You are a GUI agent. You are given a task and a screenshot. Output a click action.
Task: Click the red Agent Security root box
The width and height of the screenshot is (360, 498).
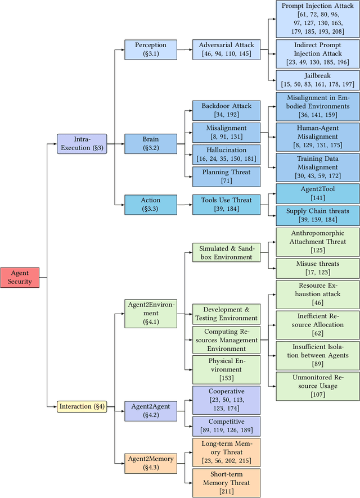pos(20,278)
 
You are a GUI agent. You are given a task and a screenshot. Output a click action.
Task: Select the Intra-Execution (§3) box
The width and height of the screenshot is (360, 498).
pos(82,143)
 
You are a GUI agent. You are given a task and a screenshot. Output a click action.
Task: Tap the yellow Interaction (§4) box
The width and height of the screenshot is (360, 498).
pos(82,406)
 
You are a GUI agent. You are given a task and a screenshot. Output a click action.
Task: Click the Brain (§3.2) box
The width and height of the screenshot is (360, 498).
pos(150,143)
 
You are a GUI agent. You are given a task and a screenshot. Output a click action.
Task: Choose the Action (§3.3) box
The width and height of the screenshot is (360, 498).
pos(150,205)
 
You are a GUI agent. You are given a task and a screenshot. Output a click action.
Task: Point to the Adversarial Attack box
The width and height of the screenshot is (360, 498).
pos(226,49)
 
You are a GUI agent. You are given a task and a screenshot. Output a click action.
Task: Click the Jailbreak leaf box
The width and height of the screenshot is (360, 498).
pos(318,80)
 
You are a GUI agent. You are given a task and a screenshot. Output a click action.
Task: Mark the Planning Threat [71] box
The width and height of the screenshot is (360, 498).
pos(226,176)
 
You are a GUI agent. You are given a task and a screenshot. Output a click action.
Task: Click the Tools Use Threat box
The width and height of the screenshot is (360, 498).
pos(226,205)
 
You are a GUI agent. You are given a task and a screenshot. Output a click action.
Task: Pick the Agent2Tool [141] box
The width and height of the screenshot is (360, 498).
pos(318,193)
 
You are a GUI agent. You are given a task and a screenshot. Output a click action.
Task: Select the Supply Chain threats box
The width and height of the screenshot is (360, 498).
pos(318,215)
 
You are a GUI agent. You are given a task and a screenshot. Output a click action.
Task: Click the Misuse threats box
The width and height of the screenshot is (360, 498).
pos(318,268)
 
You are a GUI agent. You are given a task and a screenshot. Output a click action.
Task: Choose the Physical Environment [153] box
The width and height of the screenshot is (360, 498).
pos(226,369)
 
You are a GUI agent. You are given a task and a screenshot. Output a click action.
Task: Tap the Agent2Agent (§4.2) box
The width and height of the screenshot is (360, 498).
pos(150,410)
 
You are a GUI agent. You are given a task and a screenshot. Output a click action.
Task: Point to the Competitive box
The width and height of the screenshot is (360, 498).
pos(226,426)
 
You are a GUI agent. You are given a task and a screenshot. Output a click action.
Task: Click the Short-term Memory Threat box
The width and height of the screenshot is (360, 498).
pos(226,482)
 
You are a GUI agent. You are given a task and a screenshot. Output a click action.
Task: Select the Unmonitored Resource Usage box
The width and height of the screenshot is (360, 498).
pos(318,386)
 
